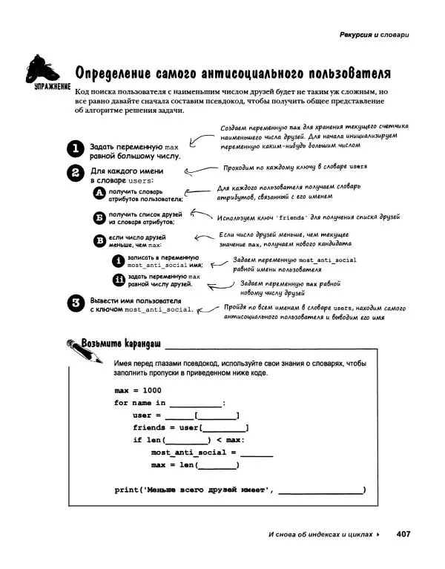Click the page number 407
(403, 533)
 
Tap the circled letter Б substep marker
(99, 217)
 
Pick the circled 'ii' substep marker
(116, 280)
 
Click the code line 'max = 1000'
(138, 390)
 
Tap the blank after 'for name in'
(195, 403)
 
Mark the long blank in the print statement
(320, 490)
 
